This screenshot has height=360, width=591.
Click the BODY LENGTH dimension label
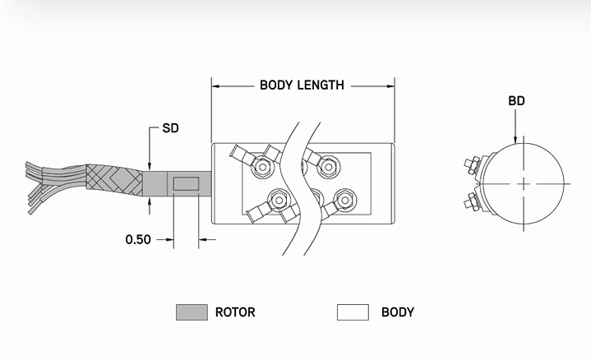click(302, 85)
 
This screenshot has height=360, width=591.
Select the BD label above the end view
click(516, 101)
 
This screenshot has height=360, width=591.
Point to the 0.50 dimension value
click(138, 240)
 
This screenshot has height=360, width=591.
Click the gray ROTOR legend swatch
click(191, 312)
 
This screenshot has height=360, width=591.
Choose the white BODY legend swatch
click(352, 312)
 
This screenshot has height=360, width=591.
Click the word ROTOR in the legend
click(235, 312)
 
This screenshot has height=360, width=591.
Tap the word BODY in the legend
click(398, 312)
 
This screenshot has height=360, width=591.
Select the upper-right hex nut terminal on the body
click(328, 167)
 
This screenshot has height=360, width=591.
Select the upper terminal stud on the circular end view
click(476, 164)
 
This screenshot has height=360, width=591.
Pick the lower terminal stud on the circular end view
click(476, 200)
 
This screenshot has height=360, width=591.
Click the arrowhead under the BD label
click(515, 139)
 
